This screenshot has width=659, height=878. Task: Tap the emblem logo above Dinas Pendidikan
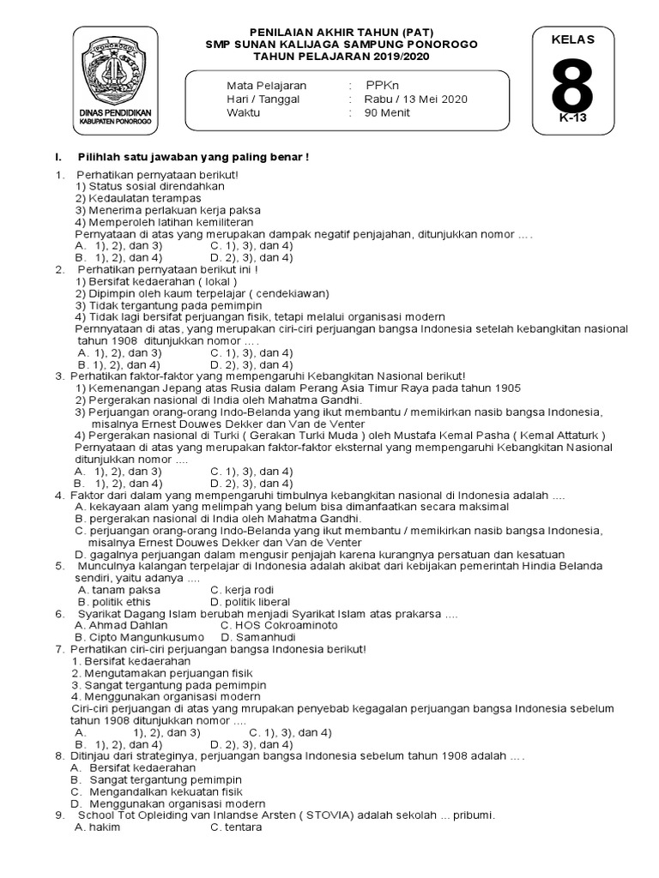point(115,71)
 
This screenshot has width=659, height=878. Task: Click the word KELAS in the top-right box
point(573,39)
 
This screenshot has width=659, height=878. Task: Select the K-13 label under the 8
point(572,118)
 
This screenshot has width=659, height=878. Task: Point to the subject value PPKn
point(383,87)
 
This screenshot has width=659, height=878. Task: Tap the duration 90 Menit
point(387,112)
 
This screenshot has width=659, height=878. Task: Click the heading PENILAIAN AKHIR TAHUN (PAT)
point(342,32)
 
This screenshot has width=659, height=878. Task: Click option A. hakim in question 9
point(97,828)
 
